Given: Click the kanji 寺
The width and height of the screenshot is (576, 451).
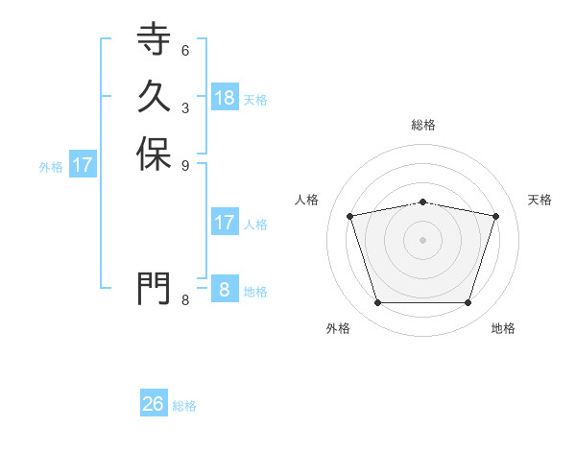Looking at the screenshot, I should pyautogui.click(x=154, y=39).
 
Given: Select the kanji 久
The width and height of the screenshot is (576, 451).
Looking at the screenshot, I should pyautogui.click(x=154, y=96).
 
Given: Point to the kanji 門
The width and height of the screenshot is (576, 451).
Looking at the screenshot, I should pyautogui.click(x=154, y=287).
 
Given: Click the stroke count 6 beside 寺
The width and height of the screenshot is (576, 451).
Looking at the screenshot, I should pyautogui.click(x=184, y=50).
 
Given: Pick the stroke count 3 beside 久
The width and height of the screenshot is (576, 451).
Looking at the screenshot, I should pyautogui.click(x=184, y=107).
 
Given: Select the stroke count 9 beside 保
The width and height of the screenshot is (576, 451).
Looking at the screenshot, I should pyautogui.click(x=184, y=164).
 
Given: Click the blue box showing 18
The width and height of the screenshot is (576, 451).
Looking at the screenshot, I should pyautogui.click(x=225, y=97).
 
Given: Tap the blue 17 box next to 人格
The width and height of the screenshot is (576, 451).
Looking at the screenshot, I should pyautogui.click(x=225, y=223).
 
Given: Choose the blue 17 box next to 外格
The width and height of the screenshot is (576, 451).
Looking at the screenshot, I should pyautogui.click(x=83, y=165).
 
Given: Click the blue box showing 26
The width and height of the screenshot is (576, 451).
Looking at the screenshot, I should pyautogui.click(x=154, y=404).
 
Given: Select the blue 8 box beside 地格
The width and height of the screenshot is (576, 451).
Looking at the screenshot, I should pyautogui.click(x=225, y=290).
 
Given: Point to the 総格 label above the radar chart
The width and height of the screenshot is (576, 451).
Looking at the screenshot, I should pyautogui.click(x=423, y=125).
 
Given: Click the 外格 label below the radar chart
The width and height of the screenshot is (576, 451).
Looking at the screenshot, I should pyautogui.click(x=338, y=328).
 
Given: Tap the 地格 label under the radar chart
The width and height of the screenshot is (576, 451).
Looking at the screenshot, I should pyautogui.click(x=503, y=328).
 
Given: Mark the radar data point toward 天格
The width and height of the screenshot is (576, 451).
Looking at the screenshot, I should pyautogui.click(x=496, y=216).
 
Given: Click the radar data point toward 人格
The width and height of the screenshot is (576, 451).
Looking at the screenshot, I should pyautogui.click(x=350, y=216).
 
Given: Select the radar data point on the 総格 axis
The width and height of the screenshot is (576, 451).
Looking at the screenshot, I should pyautogui.click(x=423, y=202).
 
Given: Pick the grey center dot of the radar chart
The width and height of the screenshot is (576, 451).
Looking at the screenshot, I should pyautogui.click(x=423, y=240).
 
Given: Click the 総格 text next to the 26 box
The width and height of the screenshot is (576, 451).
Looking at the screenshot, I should pyautogui.click(x=184, y=406).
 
